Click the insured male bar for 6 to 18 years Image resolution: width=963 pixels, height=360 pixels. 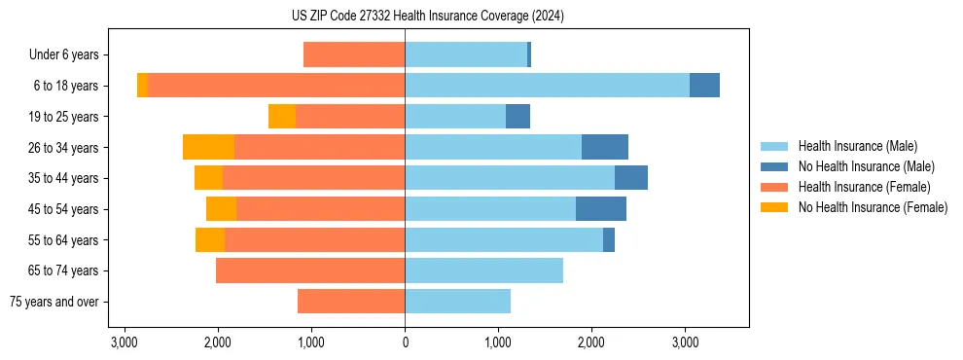pos(547,86)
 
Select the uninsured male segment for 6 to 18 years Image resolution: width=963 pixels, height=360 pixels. pos(704,86)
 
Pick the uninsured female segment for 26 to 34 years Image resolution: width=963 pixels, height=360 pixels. pos(208,147)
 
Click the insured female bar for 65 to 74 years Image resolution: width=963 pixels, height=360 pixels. pos(310,270)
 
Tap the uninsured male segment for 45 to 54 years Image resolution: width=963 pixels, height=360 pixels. pos(600,209)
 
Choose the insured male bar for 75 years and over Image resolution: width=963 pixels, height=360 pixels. pos(457,302)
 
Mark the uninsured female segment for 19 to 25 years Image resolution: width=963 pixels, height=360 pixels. pos(282,117)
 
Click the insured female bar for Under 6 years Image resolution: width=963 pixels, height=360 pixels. pos(354,55)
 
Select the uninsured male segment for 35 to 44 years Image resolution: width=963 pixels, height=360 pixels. pos(630,178)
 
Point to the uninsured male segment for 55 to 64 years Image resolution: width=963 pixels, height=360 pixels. pos(608,239)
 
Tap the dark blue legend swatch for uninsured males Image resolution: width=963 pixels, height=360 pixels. pos(774,166)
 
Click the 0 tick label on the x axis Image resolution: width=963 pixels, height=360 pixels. pos(405,342)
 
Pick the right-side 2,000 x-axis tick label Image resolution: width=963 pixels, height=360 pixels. pos(591,342)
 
